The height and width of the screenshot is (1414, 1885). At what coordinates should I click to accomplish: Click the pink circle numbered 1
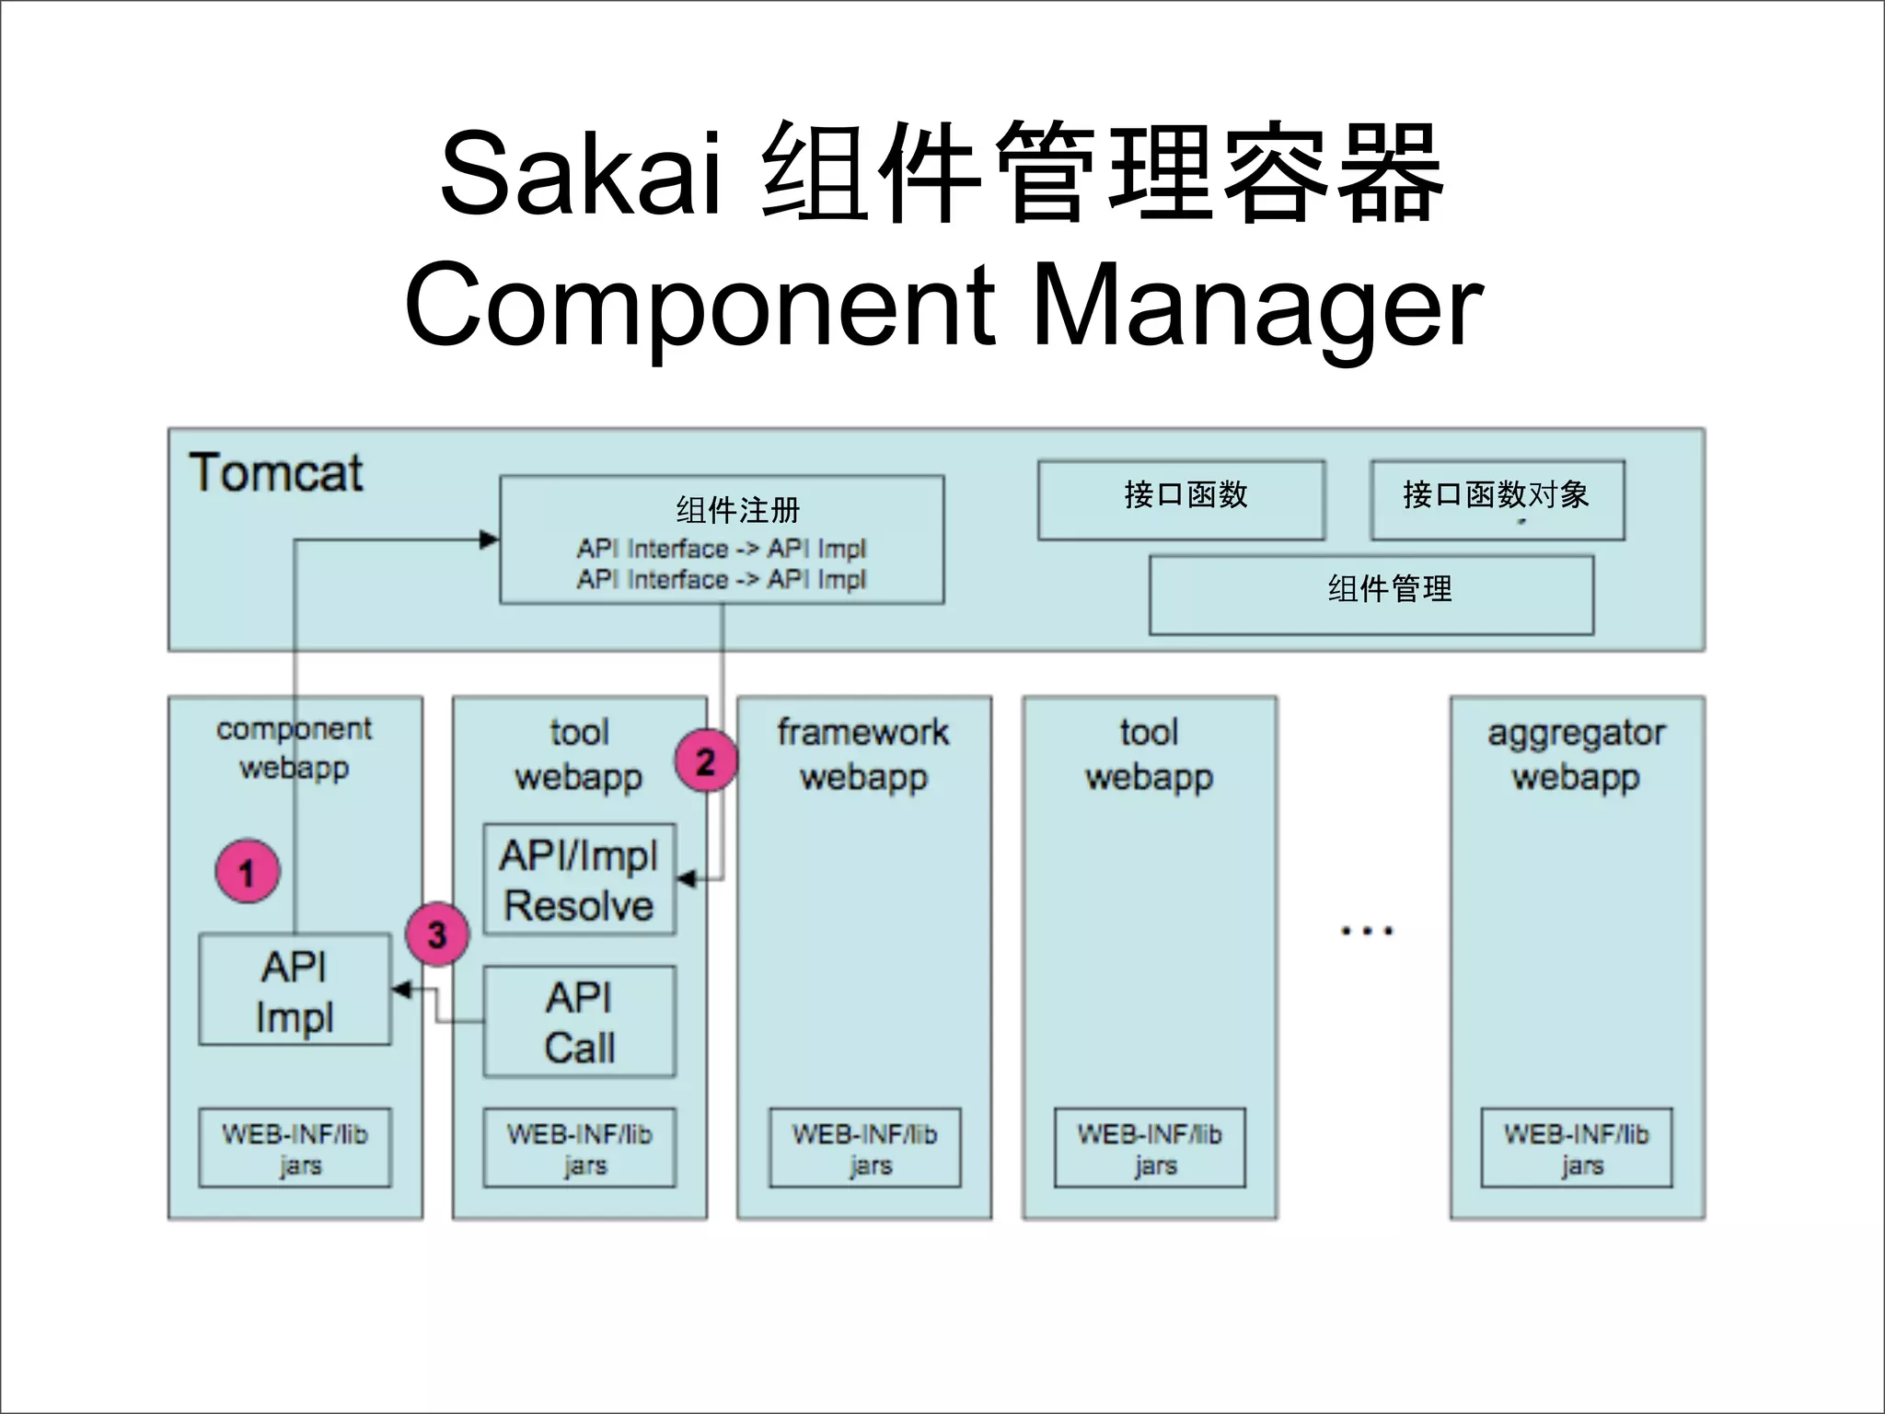(x=248, y=871)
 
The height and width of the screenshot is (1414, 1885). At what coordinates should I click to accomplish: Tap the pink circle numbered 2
(x=706, y=761)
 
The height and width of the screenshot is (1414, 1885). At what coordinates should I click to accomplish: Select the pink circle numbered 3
(x=438, y=934)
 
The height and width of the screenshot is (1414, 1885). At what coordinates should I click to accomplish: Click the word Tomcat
(x=275, y=473)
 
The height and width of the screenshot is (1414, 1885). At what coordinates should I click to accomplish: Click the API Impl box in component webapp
(x=295, y=991)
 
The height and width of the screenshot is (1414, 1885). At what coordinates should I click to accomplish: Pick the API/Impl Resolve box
(x=579, y=880)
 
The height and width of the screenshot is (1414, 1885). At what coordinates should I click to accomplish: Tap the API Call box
(x=579, y=1022)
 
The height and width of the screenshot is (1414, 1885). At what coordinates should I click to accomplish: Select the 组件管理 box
(x=1371, y=595)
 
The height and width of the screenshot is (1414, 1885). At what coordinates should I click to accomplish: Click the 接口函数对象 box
(x=1497, y=499)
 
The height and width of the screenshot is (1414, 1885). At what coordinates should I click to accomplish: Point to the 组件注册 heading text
(x=738, y=509)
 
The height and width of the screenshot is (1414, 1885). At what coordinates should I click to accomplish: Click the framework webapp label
(x=863, y=754)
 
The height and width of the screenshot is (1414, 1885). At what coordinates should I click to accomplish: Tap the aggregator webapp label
(x=1576, y=754)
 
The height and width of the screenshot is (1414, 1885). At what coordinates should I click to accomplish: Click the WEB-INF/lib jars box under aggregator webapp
(x=1576, y=1148)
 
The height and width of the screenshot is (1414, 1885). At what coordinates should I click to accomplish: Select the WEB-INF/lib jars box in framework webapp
(x=864, y=1148)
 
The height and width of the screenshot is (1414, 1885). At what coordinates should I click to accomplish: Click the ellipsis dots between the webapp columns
(x=1367, y=931)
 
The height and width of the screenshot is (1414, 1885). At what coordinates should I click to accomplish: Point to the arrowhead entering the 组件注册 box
(x=491, y=540)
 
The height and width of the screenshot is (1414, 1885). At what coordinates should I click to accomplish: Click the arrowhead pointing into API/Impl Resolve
(x=686, y=879)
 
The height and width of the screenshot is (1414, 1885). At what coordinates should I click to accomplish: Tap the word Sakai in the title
(x=580, y=173)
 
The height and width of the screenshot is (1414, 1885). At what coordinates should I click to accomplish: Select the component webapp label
(x=294, y=748)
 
